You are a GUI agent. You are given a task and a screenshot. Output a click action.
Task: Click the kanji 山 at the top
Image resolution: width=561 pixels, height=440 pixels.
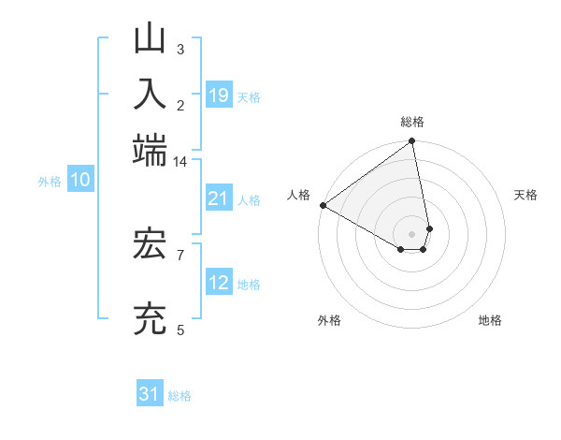coord(151,40)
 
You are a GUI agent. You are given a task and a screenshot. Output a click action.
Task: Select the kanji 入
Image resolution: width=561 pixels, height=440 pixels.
coord(151,95)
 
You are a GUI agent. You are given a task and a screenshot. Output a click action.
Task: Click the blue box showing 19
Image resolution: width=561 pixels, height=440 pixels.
coord(219,95)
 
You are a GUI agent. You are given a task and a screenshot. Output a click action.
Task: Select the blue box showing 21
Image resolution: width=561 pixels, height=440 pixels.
coord(219,198)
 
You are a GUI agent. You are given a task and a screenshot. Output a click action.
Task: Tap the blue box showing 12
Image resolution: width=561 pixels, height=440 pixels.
coord(219,284)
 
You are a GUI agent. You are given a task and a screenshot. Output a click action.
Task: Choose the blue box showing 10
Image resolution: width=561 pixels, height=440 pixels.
coord(80,181)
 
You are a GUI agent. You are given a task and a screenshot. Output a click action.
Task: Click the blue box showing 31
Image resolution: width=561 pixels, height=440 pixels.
coord(150,395)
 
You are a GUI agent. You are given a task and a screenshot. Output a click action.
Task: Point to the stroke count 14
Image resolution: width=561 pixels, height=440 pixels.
coord(180,162)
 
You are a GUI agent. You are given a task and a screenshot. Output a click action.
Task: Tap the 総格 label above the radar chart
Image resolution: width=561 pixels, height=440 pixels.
coord(412,122)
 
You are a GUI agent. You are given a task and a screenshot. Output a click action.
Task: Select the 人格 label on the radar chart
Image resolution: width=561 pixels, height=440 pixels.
coord(298,195)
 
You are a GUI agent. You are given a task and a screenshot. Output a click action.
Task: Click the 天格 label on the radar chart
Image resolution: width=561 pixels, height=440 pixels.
coord(526,195)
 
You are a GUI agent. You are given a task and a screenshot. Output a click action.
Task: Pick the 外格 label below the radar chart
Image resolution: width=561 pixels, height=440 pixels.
coord(330,320)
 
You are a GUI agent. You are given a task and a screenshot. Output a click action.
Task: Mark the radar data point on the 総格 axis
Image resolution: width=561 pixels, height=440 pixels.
coord(412,142)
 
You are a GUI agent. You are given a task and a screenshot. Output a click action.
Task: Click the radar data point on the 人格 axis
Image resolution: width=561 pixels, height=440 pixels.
coord(323,205)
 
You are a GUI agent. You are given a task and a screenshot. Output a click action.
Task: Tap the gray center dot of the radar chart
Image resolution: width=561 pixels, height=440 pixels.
coord(412,233)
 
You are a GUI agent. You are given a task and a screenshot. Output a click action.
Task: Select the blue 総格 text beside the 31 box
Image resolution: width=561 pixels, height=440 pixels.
coord(180,396)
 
